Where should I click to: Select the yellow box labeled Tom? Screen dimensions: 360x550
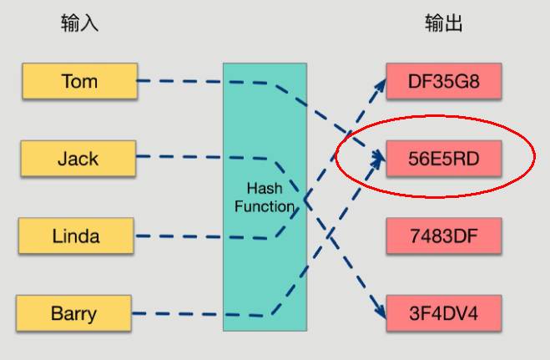pos(79,81)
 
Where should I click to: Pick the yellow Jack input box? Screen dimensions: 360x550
pos(78,158)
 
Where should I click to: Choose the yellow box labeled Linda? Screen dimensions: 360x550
pos(75,236)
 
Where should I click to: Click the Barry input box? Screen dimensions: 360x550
pos(73,314)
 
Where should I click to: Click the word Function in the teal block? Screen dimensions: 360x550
pos(264,206)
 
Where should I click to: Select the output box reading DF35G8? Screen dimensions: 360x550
pos(443,81)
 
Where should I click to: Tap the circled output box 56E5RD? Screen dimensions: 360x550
pos(443,158)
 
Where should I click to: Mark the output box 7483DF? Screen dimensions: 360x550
pos(443,236)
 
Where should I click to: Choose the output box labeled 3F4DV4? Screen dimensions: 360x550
pos(443,314)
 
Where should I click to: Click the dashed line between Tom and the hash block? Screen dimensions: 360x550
pos(179,81)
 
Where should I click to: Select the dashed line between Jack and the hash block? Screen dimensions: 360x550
pos(179,157)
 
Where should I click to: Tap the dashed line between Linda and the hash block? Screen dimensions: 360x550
pos(179,236)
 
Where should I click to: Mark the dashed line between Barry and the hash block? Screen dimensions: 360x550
pos(179,314)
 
